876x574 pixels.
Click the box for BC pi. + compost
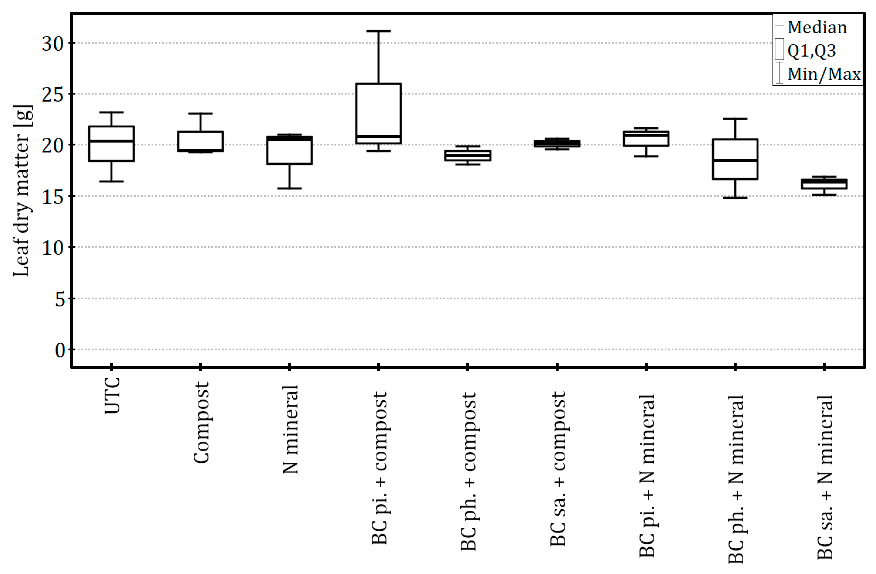point(378,110)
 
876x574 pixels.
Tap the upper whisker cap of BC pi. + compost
point(378,31)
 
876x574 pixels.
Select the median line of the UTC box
point(112,141)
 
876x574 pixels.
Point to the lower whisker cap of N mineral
point(289,188)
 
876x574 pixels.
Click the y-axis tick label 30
point(53,44)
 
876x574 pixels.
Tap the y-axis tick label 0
point(60,351)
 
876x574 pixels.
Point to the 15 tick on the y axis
point(53,197)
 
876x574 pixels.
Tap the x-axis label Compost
point(201,422)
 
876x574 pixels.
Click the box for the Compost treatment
point(200,141)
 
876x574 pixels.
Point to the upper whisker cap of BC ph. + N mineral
point(735,119)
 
